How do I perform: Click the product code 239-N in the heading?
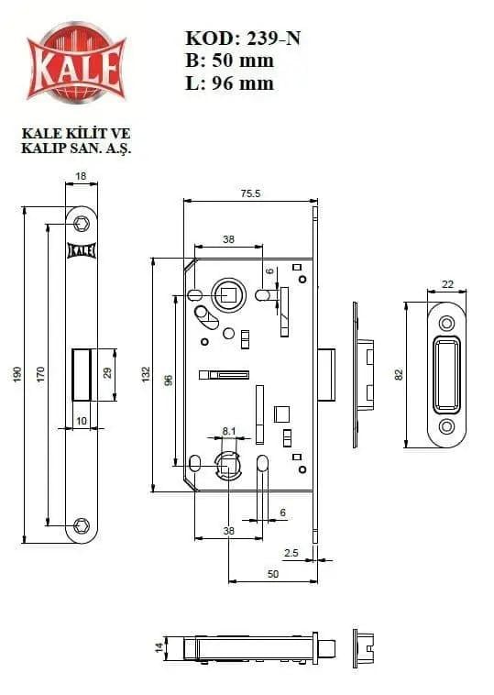click(273, 39)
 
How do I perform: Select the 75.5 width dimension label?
click(251, 193)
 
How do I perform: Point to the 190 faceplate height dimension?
click(17, 375)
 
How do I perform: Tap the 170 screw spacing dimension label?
click(40, 375)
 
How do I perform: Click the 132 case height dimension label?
click(146, 375)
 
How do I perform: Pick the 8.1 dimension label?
click(229, 430)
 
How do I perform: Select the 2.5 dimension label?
click(291, 553)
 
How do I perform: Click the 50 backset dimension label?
click(273, 574)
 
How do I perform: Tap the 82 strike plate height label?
click(399, 375)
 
